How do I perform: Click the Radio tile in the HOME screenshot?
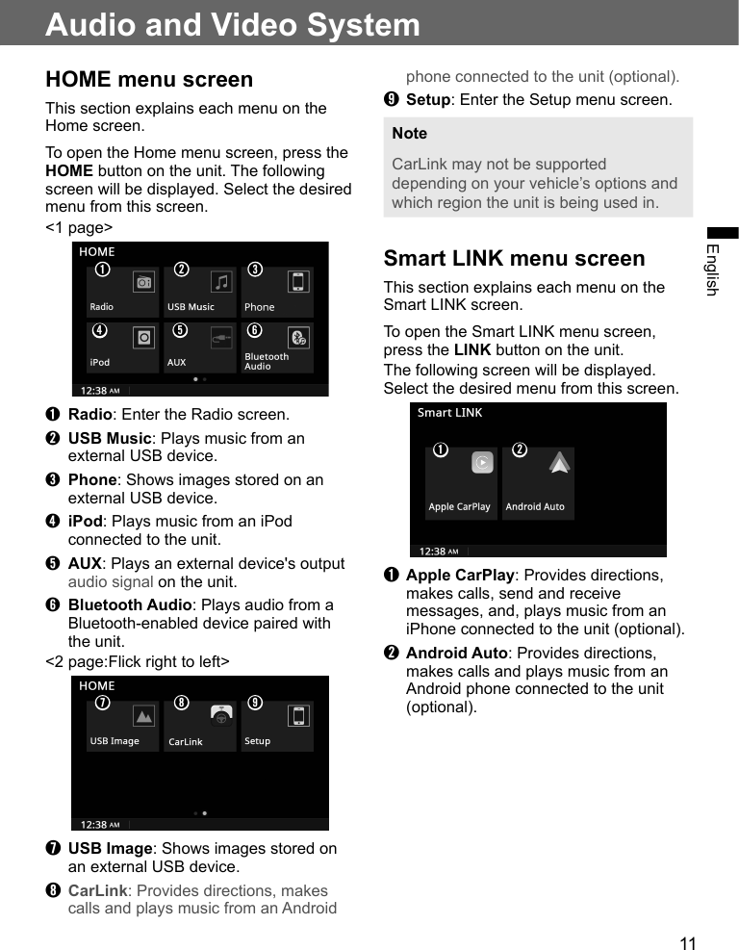[x=122, y=293]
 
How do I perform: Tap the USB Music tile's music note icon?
[x=222, y=281]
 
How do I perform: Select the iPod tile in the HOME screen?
[x=122, y=348]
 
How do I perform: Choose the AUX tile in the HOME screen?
[x=199, y=348]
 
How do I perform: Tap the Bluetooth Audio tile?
[x=276, y=348]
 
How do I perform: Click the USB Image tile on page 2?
[x=122, y=727]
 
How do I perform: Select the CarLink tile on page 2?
[x=199, y=727]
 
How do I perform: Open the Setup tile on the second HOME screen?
[x=276, y=727]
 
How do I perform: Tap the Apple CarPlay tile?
[x=461, y=483]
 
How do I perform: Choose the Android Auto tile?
[x=538, y=483]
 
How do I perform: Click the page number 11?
[x=687, y=943]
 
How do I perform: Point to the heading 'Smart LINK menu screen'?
[x=514, y=258]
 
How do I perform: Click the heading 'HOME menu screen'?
[x=149, y=79]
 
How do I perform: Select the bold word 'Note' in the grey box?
[x=409, y=133]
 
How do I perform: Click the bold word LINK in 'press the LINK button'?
[x=471, y=350]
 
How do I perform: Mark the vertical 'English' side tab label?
[x=712, y=270]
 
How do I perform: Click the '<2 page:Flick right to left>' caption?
[x=138, y=662]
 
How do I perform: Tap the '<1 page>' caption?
[x=79, y=228]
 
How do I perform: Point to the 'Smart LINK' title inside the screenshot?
[x=449, y=413]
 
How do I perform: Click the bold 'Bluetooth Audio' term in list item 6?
[x=130, y=604]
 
